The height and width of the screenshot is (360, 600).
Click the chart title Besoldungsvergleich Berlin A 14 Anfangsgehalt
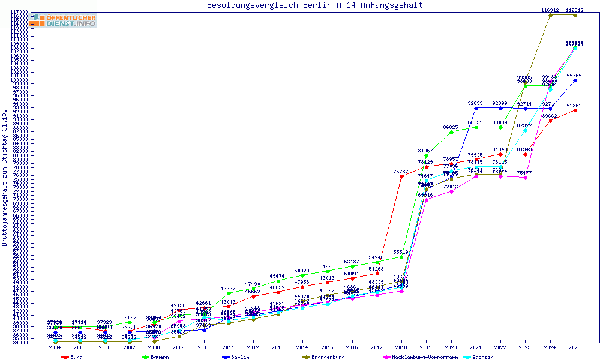(x=314, y=5)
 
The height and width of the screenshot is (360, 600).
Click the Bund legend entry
(x=72, y=357)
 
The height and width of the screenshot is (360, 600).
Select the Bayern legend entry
(x=156, y=357)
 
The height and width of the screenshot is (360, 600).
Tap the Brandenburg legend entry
(x=324, y=357)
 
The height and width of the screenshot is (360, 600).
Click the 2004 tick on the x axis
(x=55, y=347)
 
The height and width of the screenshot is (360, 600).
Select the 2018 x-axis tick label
(x=401, y=347)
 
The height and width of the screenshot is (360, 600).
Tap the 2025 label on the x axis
(x=575, y=347)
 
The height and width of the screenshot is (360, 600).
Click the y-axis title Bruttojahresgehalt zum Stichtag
(x=5, y=178)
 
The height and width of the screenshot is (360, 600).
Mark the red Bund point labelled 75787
(x=401, y=176)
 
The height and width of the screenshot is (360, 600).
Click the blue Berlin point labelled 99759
(x=575, y=80)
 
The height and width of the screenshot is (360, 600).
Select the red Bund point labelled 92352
(x=575, y=110)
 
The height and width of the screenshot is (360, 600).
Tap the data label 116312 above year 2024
(x=550, y=10)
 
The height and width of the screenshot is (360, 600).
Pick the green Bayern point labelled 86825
(x=451, y=132)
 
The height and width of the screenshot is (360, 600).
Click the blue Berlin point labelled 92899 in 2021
(x=476, y=108)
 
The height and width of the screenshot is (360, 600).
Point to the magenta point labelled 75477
(x=526, y=178)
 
